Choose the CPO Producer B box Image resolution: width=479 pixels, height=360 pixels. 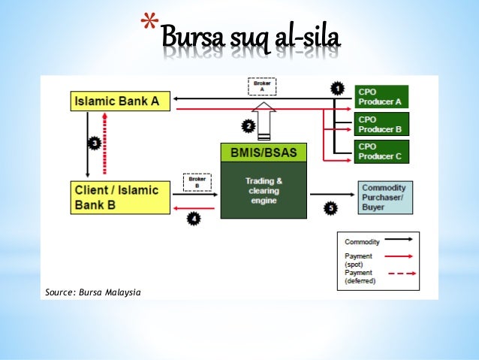(x=381, y=123)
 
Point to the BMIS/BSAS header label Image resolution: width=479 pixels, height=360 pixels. (x=264, y=153)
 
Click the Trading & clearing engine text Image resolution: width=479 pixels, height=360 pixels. (x=264, y=190)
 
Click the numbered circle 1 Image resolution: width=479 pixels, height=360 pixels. (x=339, y=89)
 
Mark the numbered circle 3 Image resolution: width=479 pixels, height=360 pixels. (x=95, y=142)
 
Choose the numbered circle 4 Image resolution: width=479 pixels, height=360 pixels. (x=194, y=219)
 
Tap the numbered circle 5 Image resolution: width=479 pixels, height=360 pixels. (x=331, y=207)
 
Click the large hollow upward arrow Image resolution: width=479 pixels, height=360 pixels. (x=264, y=119)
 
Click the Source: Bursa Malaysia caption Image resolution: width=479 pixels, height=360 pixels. (x=93, y=292)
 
